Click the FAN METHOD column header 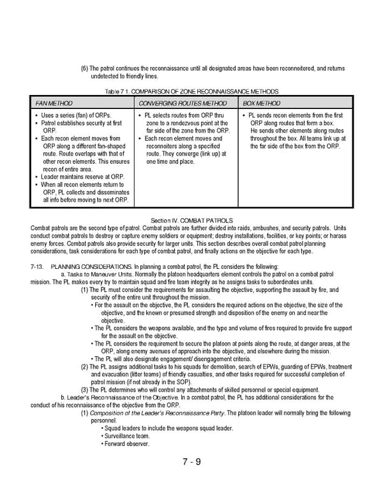click(x=54, y=103)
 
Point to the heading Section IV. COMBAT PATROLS click(x=191, y=220)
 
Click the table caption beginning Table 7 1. click(x=191, y=92)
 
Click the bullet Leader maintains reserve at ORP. click(x=84, y=177)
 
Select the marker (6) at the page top click(x=84, y=68)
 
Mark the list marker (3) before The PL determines click(x=84, y=390)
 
